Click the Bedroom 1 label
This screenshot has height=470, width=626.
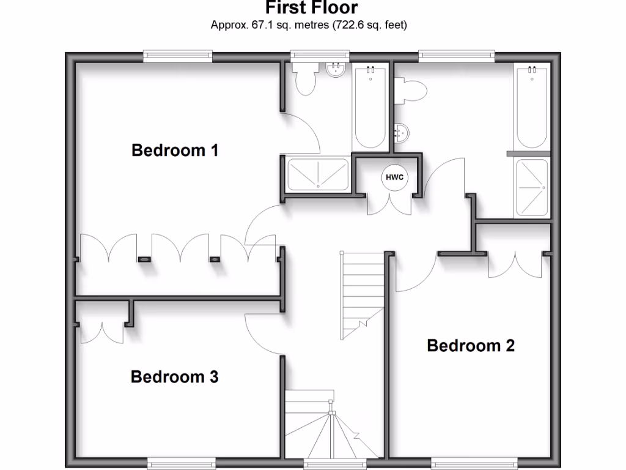(x=175, y=150)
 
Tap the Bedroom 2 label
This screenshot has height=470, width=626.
(x=471, y=346)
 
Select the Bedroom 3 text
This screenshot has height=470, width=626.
(x=175, y=377)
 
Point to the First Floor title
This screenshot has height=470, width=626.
(x=312, y=8)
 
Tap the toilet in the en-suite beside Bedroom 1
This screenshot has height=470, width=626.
(x=304, y=78)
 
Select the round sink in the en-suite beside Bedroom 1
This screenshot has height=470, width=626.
(x=336, y=70)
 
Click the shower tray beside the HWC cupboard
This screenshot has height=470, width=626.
(x=318, y=174)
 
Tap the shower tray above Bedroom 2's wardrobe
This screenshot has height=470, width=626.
(x=532, y=188)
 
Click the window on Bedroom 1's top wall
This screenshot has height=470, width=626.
(x=178, y=57)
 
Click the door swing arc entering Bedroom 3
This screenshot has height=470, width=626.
(x=260, y=334)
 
